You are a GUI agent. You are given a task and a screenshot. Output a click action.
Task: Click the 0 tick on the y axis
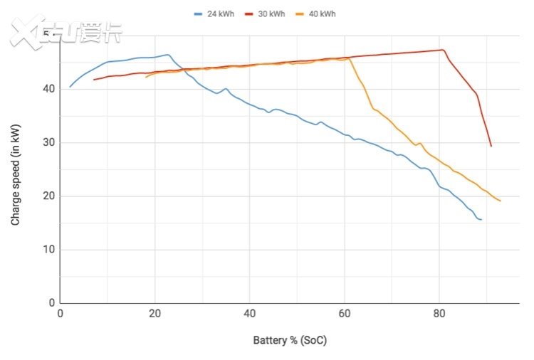(x=51, y=303)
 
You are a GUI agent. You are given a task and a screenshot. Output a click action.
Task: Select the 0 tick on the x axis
(x=61, y=313)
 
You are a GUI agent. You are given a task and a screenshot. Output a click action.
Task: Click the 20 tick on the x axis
(x=155, y=313)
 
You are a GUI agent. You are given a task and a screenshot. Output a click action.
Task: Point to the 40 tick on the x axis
(x=249, y=313)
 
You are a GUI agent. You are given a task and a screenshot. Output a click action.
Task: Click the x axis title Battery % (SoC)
(x=290, y=340)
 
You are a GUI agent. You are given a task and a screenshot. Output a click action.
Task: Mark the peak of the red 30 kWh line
(x=442, y=50)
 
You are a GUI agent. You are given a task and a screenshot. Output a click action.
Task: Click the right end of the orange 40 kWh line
(x=501, y=201)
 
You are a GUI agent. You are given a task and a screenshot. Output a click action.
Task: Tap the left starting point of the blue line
(x=70, y=87)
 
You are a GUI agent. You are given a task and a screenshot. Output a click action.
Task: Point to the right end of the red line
(x=491, y=147)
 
